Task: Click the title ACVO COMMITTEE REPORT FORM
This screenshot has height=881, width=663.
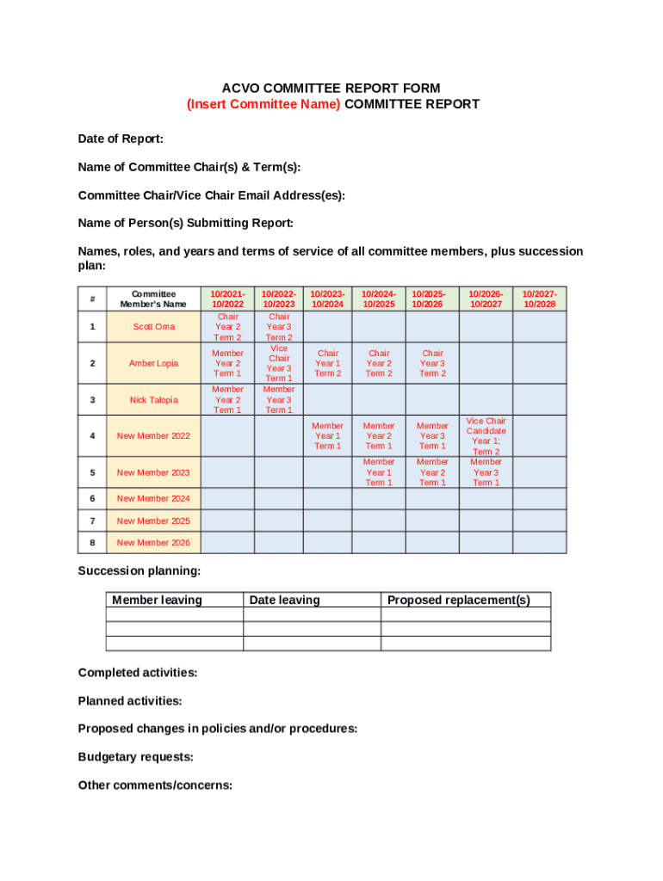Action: [331, 88]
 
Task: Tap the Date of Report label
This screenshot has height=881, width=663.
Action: [121, 139]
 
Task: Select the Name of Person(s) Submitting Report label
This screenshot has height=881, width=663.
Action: [185, 224]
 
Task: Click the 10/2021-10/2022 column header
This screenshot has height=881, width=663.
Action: [227, 299]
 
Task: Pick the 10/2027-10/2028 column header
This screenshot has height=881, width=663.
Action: [540, 299]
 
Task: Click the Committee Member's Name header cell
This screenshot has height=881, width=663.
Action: [153, 299]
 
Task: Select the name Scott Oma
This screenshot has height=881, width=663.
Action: [153, 327]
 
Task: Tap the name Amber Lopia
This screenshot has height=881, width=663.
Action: [153, 363]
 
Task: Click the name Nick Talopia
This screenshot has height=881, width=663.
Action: [153, 400]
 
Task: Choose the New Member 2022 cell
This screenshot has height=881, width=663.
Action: [153, 436]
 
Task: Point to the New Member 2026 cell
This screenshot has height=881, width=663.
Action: [153, 543]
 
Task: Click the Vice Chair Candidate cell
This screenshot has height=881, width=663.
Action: [486, 436]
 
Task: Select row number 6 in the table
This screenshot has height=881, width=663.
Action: [92, 499]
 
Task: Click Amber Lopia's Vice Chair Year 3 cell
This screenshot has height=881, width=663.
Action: [279, 363]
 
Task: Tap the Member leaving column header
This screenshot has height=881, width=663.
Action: [157, 601]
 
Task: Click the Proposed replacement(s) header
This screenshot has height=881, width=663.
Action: [458, 601]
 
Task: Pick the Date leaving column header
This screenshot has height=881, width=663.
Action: [284, 601]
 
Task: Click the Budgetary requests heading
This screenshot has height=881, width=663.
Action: [135, 757]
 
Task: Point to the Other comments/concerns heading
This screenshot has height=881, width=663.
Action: [155, 786]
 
